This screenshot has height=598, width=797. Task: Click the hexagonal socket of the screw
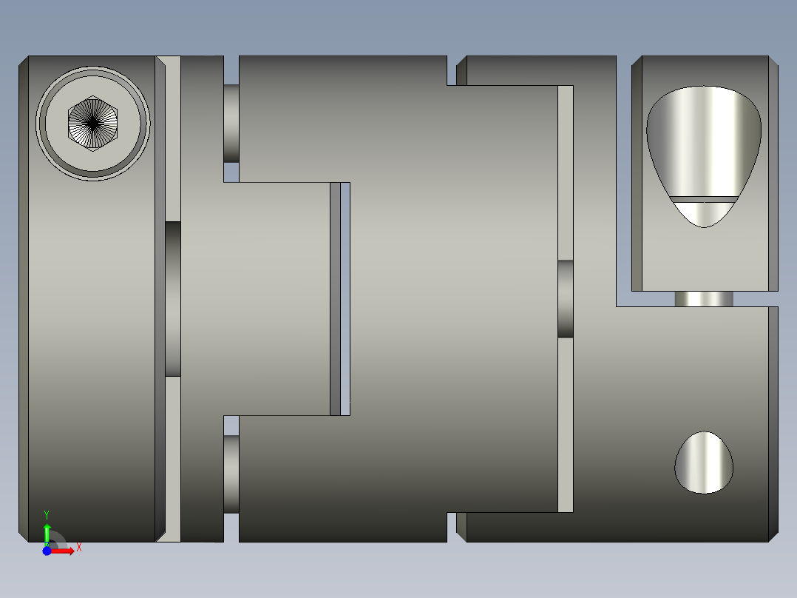point(92,123)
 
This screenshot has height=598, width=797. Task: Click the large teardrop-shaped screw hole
point(703,141)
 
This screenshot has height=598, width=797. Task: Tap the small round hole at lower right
point(704,463)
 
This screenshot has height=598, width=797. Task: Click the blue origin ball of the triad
point(47,551)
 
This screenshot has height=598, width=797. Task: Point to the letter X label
point(78,548)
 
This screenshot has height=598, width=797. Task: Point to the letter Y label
point(47,514)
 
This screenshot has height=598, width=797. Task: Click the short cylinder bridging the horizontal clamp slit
point(704,299)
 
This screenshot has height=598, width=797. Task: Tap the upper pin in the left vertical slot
point(231,124)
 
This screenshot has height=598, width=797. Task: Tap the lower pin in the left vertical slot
point(231,474)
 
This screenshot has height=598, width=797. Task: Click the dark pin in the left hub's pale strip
point(173,298)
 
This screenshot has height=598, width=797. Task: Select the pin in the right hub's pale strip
point(566,298)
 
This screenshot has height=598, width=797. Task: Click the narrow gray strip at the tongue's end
point(336,298)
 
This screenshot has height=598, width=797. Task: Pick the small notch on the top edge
point(452,70)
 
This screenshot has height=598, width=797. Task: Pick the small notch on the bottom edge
point(452,526)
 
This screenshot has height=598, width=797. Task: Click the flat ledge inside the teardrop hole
point(704,199)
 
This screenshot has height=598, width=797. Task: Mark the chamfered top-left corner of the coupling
point(24,61)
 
